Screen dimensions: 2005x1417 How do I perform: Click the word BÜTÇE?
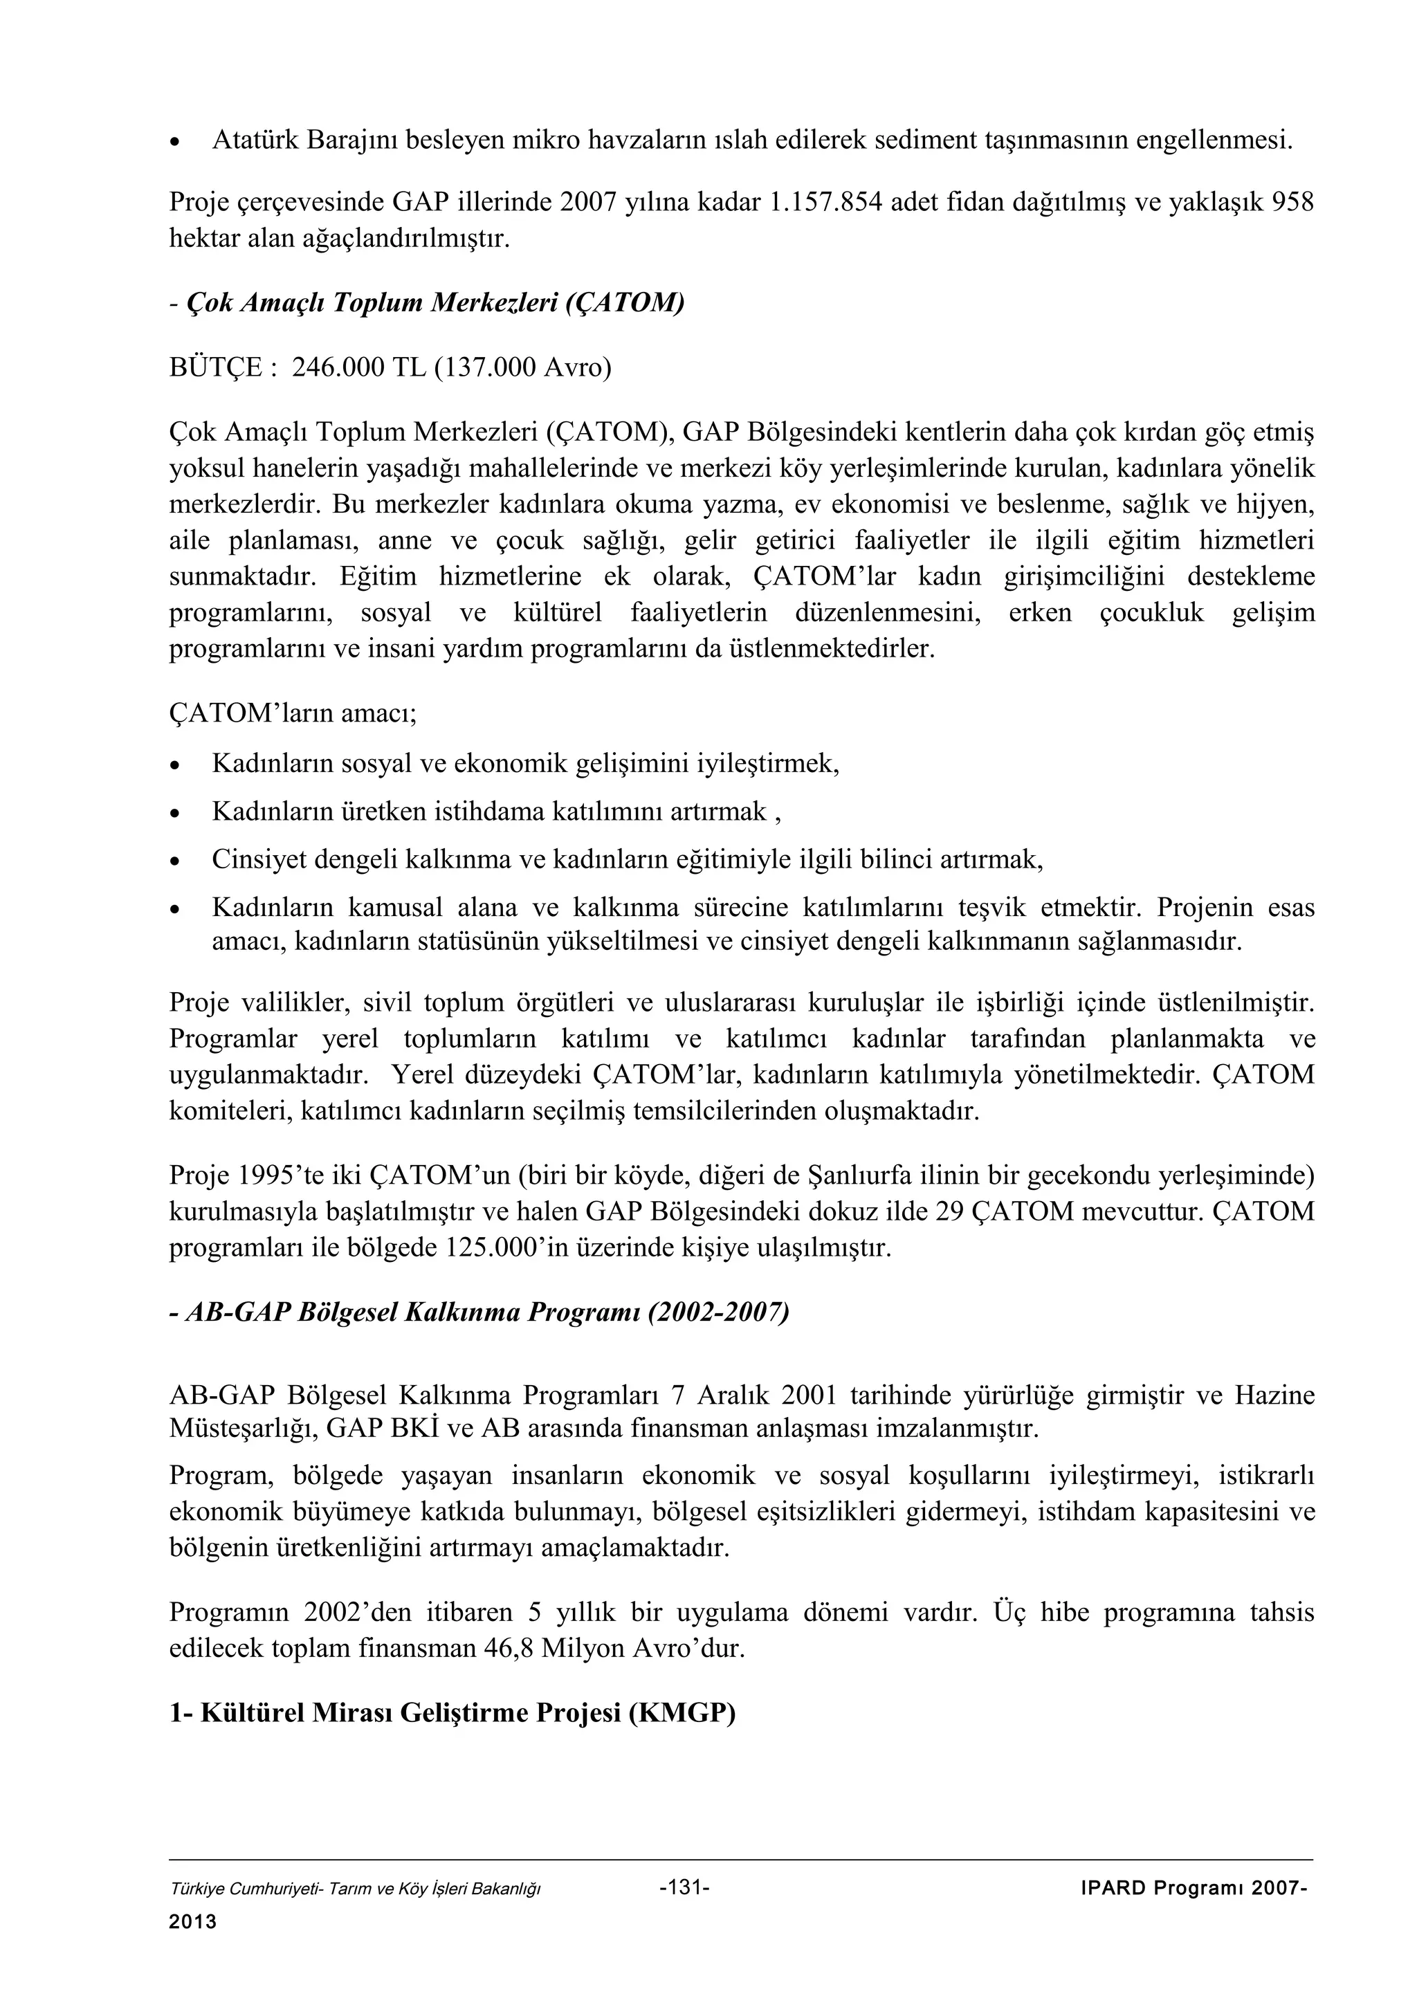[x=214, y=367]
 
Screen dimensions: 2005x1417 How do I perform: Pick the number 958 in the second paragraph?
[x=1291, y=203]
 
